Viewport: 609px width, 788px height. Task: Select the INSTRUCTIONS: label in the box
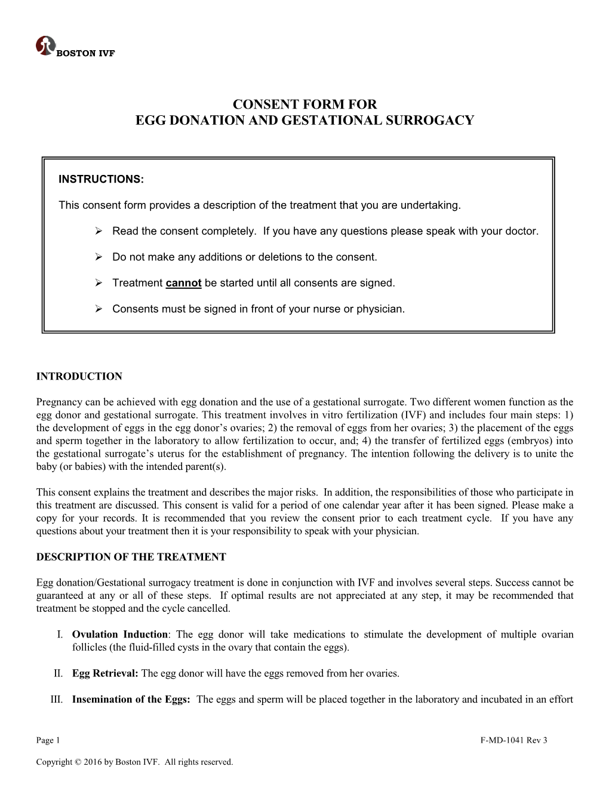point(101,178)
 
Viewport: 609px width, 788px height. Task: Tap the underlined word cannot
point(183,283)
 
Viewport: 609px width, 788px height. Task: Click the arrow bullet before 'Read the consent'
point(100,231)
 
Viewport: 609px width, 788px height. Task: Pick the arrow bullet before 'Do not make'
point(100,257)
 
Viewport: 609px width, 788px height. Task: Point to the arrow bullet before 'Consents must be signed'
point(100,309)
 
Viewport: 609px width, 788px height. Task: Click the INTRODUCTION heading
point(79,376)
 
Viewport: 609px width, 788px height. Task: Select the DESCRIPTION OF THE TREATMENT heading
point(131,557)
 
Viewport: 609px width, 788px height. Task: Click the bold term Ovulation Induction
point(119,635)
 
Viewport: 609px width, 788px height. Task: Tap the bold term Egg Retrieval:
point(105,673)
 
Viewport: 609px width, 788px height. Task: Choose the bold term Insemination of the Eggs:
point(131,700)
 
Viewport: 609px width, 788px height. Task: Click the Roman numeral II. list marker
point(58,673)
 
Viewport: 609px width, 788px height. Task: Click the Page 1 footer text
point(48,741)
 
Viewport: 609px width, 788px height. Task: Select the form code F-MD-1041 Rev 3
point(513,741)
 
